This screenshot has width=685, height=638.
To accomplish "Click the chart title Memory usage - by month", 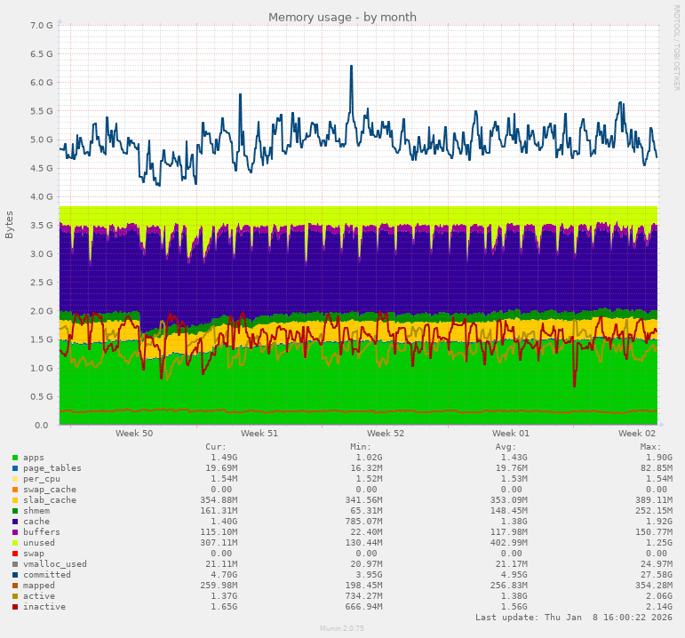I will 342,17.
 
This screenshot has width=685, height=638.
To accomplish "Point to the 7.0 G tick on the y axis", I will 41,26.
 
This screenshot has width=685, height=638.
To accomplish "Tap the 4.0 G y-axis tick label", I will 41,196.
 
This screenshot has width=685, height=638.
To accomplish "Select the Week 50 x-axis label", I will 133,434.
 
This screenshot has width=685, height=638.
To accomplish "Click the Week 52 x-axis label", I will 386,434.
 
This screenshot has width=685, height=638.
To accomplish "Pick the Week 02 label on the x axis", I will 637,434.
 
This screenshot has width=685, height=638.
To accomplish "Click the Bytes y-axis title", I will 10,224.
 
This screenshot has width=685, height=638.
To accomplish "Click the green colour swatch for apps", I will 15,458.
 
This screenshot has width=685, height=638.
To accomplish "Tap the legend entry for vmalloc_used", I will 55,564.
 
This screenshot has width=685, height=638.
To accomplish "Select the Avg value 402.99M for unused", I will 507,543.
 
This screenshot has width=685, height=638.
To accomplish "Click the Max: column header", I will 650,447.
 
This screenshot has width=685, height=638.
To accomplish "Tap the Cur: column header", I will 216,447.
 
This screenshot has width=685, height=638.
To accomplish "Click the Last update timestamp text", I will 574,617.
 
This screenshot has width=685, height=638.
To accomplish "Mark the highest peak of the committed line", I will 351,66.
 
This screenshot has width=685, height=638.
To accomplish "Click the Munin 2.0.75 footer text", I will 342,628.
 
